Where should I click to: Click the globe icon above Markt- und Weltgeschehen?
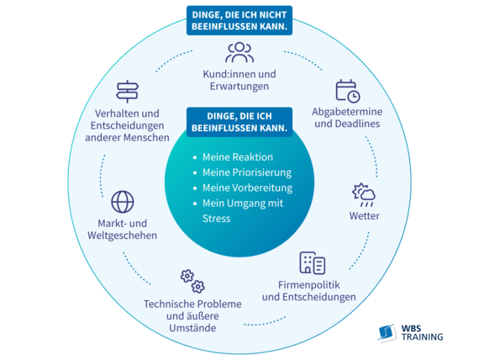pyautogui.click(x=122, y=202)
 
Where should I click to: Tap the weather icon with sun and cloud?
pyautogui.click(x=364, y=195)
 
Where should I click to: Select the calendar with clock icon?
pyautogui.click(x=348, y=91)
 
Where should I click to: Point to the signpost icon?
pyautogui.click(x=128, y=92)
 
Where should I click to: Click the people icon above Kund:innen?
pyautogui.click(x=239, y=52)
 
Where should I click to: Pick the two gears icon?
pyautogui.click(x=192, y=281)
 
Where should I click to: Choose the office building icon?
pyautogui.click(x=313, y=262)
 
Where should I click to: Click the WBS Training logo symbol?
pyautogui.click(x=387, y=332)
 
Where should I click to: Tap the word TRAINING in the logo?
pyautogui.click(x=423, y=336)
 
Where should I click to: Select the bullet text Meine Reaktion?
pyautogui.click(x=238, y=157)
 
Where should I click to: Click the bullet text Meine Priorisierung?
pyautogui.click(x=247, y=172)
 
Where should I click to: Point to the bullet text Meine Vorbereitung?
pyautogui.click(x=247, y=188)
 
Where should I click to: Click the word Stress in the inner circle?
pyautogui.click(x=216, y=219)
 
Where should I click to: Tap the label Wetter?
pyautogui.click(x=365, y=216)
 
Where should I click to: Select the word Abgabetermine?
pyautogui.click(x=347, y=112)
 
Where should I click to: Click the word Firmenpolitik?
pyautogui.click(x=309, y=285)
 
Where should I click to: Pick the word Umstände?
pyautogui.click(x=192, y=328)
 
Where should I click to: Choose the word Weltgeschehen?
pyautogui.click(x=122, y=236)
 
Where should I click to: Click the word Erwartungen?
pyautogui.click(x=239, y=87)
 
